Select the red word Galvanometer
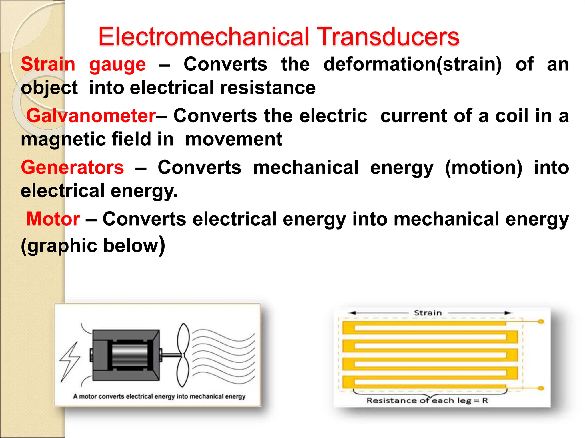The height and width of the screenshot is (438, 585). point(91,116)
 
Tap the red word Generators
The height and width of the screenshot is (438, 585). point(73,167)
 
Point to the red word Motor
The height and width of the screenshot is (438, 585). point(53,219)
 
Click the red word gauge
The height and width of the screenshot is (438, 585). point(117,65)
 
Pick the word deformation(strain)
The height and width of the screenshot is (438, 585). point(412,64)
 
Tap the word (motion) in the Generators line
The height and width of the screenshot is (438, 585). point(484,167)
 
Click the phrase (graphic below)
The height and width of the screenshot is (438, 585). point(93,245)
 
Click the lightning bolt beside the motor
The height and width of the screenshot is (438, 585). point(69,362)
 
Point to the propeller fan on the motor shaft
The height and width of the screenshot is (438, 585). point(183,355)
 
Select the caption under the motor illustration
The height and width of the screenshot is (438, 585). point(159,396)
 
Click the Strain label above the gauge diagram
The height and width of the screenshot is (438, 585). point(428,313)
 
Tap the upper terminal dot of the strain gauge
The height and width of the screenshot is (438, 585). point(541,322)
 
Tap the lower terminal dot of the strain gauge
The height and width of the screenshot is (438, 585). point(541,388)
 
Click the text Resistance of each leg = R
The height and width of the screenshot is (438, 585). point(427,401)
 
